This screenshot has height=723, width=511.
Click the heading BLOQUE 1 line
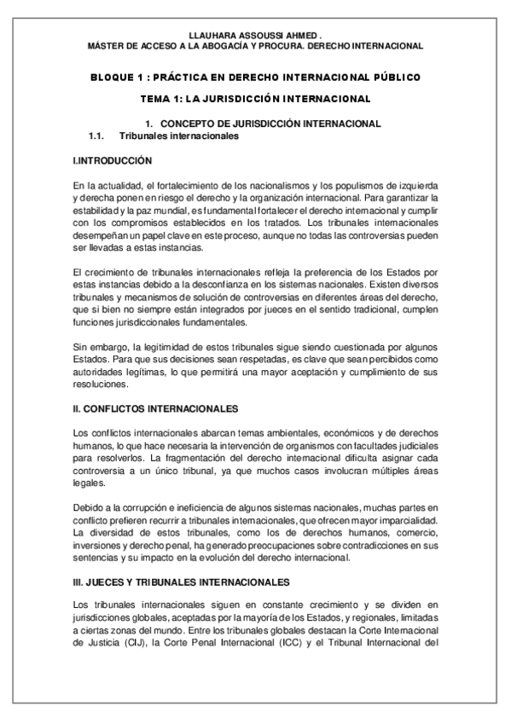tap(255, 77)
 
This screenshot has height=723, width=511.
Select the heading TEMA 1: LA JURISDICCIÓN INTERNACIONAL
tap(256, 99)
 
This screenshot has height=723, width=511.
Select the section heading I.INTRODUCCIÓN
tap(113, 160)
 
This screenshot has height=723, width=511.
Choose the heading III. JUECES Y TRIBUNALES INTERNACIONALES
tap(182, 581)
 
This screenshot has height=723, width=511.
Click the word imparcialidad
tap(404, 521)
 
